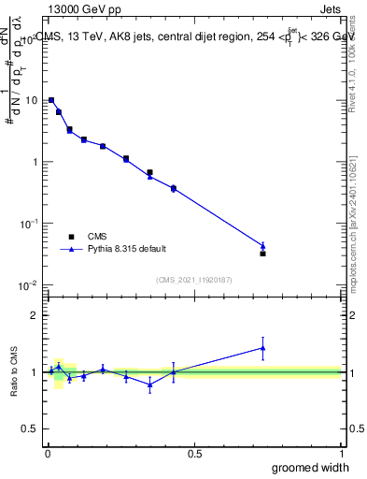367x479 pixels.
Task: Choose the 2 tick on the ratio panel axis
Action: tap(34, 315)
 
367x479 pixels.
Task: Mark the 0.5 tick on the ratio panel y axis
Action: tap(30, 428)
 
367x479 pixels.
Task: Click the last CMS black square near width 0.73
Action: tap(262, 254)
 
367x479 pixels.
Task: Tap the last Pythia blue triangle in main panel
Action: tap(262, 246)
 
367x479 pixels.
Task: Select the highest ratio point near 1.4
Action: tap(262, 348)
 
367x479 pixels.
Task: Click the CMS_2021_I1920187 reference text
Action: tap(194, 278)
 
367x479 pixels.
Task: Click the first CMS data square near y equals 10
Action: tap(51, 100)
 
